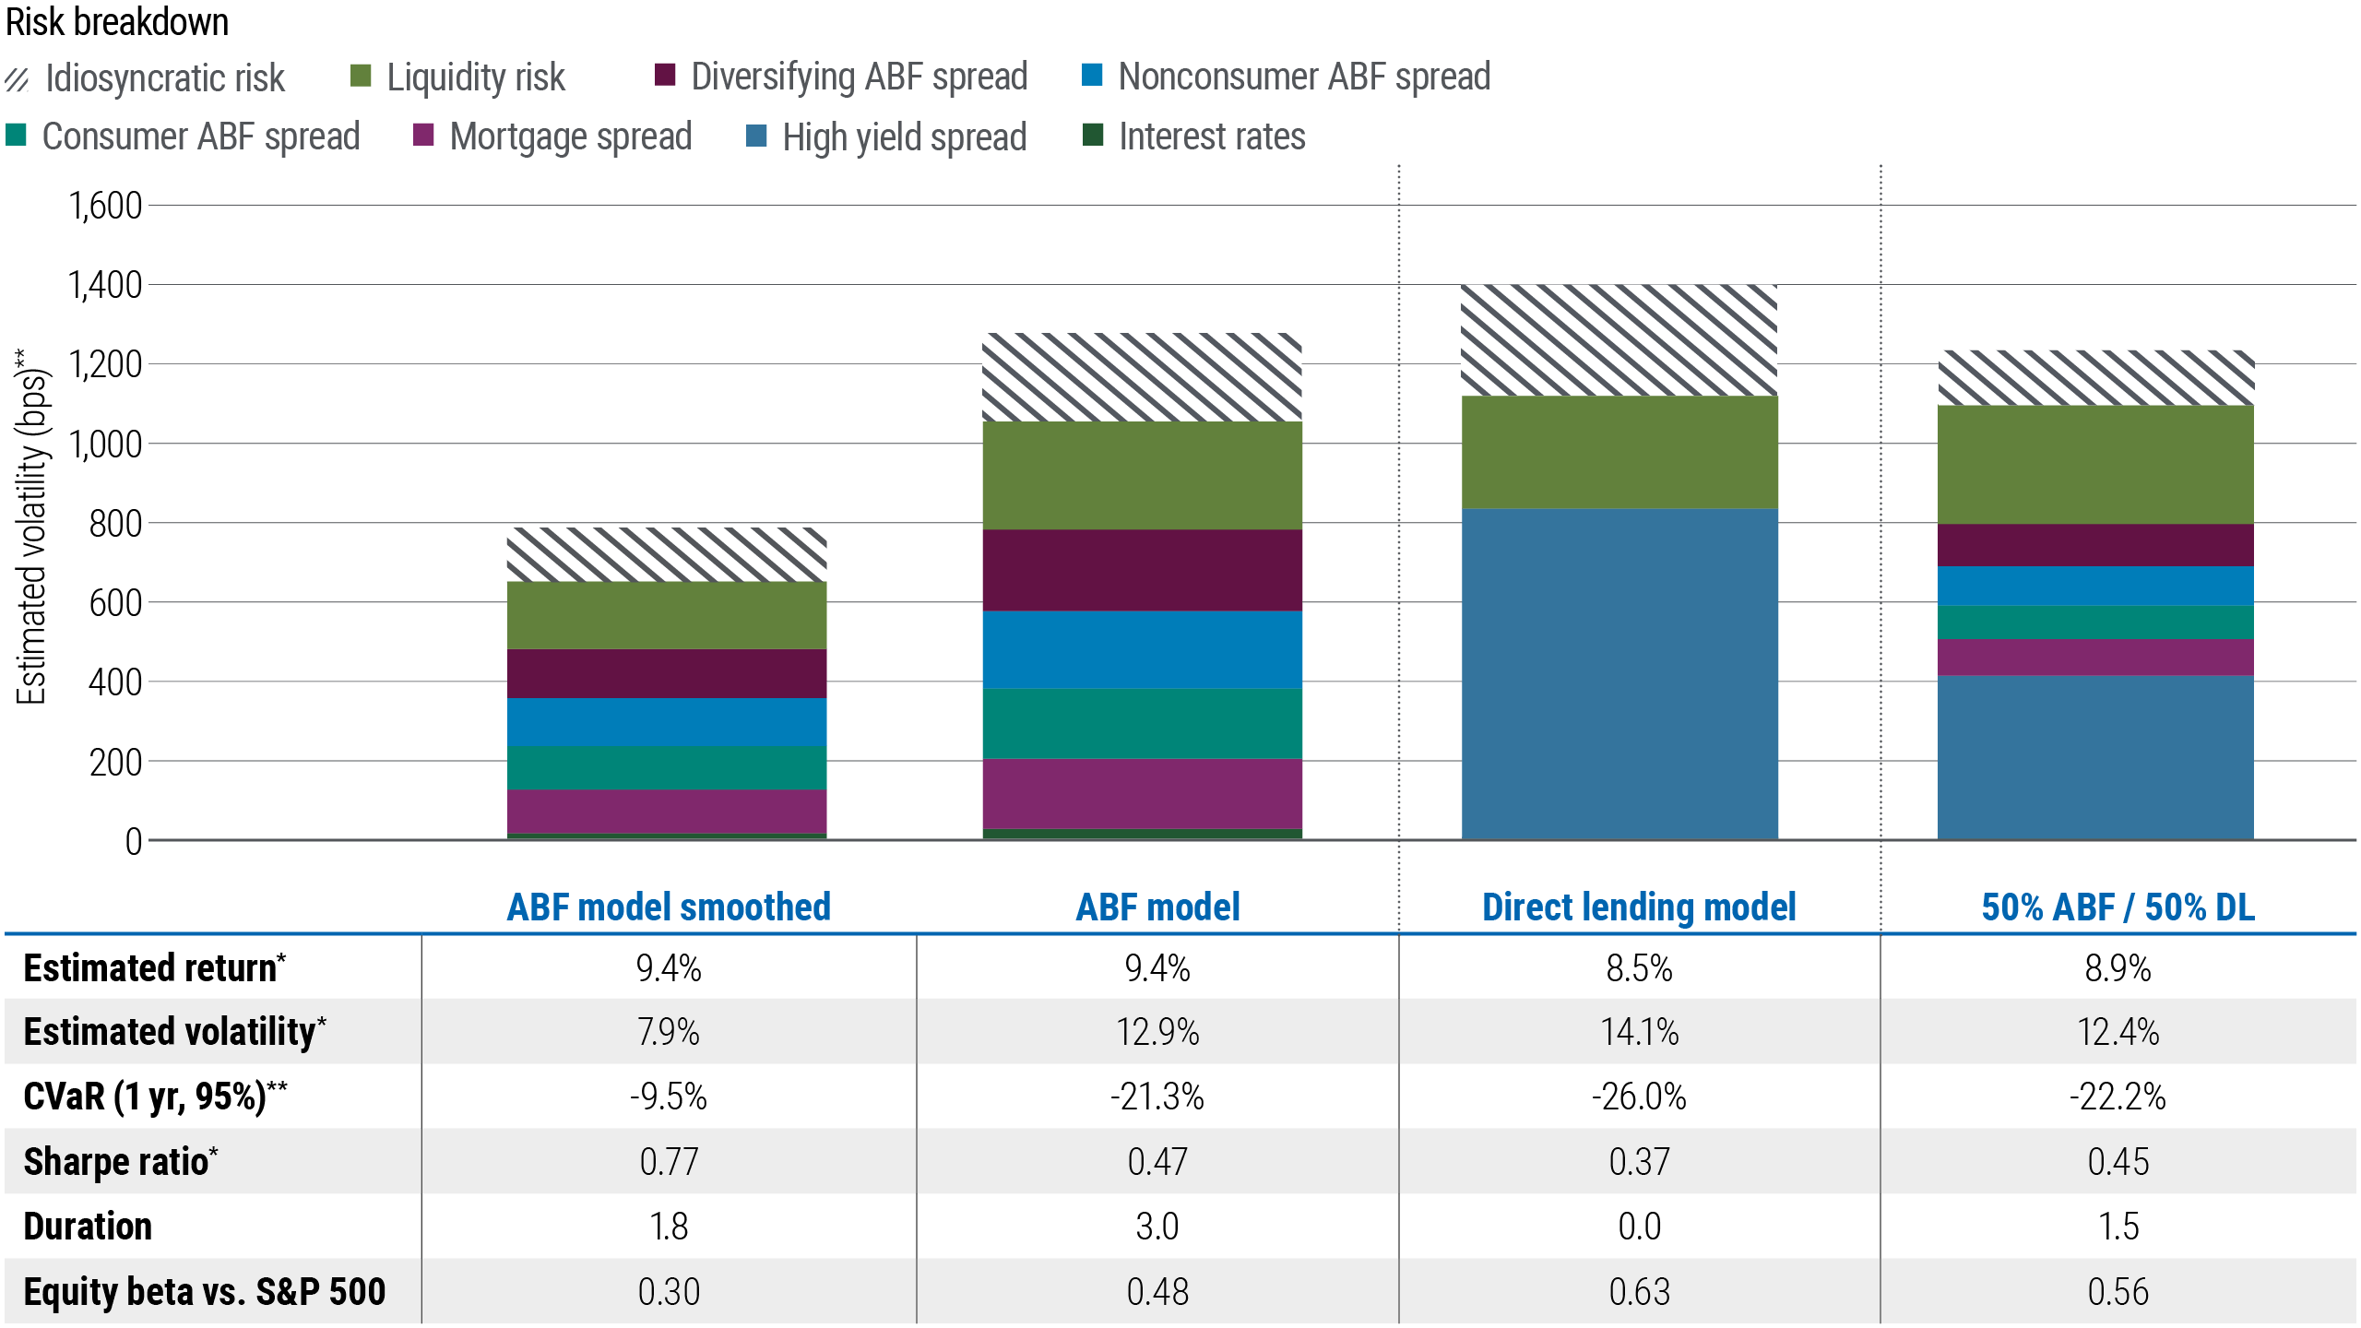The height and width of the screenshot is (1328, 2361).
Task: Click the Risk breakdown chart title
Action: coord(117,22)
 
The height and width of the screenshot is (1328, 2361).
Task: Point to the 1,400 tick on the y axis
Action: coord(105,285)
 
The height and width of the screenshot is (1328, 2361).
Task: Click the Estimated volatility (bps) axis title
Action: coord(31,526)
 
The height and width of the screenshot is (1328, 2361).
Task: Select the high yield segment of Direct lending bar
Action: coord(1619,673)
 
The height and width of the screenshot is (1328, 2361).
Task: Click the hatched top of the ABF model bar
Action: coord(1142,377)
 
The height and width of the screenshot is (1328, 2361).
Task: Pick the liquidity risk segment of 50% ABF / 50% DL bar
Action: coord(2095,465)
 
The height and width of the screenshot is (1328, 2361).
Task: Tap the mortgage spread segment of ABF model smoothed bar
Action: coord(667,812)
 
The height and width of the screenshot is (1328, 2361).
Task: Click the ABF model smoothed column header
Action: coord(669,907)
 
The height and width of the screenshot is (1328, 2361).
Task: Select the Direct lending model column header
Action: coord(1639,907)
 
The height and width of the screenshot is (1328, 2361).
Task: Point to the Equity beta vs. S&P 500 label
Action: coord(204,1291)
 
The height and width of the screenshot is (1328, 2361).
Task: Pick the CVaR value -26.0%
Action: coord(1639,1097)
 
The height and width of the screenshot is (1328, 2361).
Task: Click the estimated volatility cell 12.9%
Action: coord(1157,1031)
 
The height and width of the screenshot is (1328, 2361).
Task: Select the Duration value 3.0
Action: coord(1157,1227)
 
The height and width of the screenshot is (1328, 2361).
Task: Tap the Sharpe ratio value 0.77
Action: coord(669,1161)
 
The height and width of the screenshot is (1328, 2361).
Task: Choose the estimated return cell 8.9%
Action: coord(2118,968)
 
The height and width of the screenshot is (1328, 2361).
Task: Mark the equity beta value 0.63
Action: coord(1639,1291)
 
